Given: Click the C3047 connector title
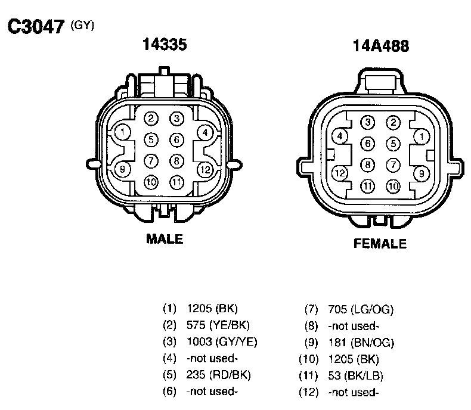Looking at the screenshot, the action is tap(36, 26).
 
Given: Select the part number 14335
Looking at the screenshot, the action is tap(165, 44).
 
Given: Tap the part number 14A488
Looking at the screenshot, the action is tap(381, 46).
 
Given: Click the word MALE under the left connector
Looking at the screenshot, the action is tap(165, 239).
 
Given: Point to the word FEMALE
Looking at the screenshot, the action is tap(380, 243).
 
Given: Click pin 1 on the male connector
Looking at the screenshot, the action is tap(123, 132).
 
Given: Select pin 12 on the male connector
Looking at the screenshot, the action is tap(205, 170).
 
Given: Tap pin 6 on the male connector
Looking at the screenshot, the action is tap(176, 139).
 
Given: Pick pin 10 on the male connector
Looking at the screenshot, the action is tap(151, 182).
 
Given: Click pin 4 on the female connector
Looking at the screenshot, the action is tap(339, 136).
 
